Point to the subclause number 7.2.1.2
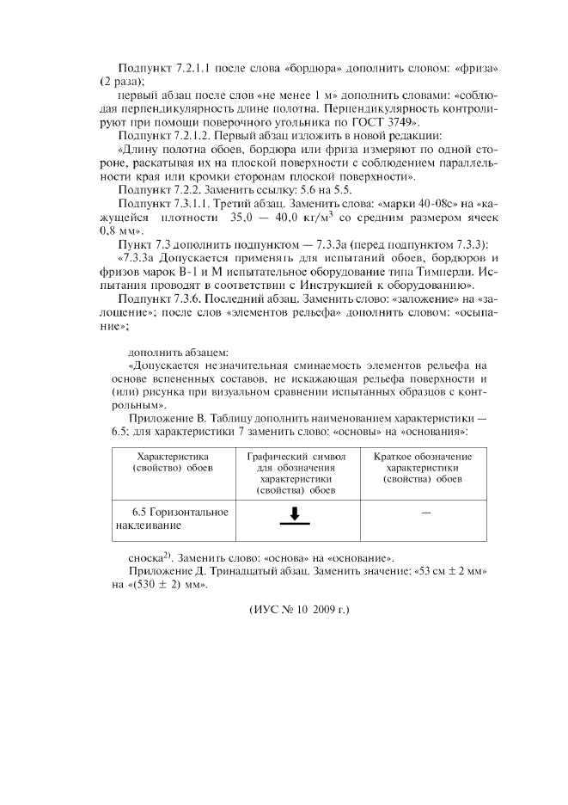point(198,136)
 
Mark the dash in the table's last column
point(425,513)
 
